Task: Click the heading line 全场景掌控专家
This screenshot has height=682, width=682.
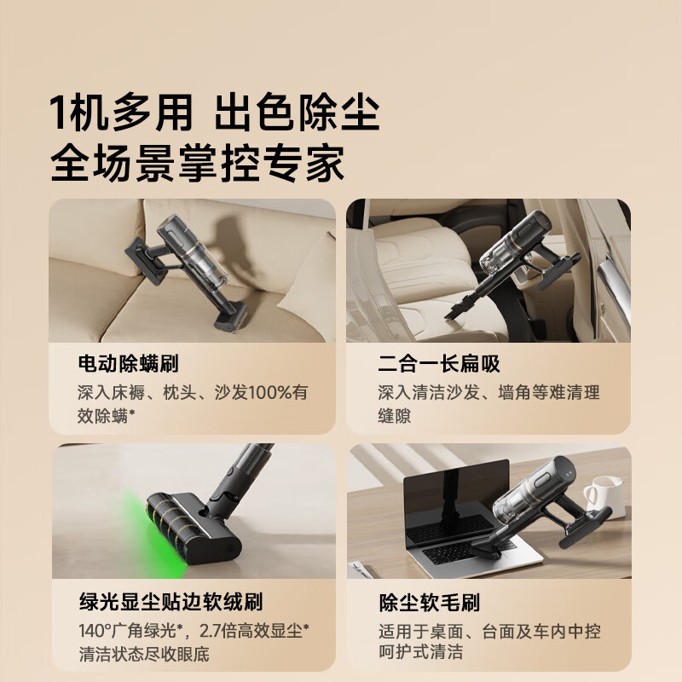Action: pyautogui.click(x=197, y=162)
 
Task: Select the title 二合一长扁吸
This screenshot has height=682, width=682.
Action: pyautogui.click(x=439, y=365)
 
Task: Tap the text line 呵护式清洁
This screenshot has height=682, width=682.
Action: pyautogui.click(x=420, y=654)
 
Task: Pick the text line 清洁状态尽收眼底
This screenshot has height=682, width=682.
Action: pyautogui.click(x=143, y=654)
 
